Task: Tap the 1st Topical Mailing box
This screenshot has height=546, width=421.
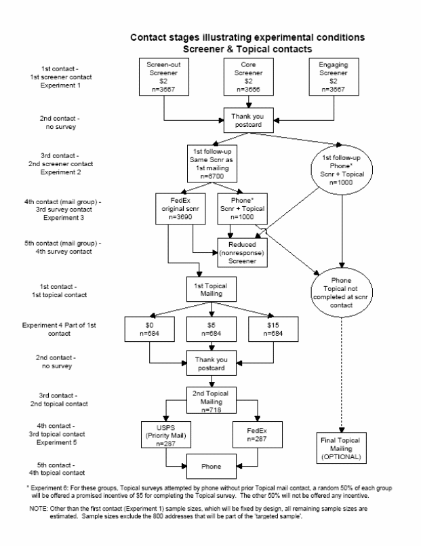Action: click(213, 289)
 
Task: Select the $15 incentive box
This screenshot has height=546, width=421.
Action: click(275, 329)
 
